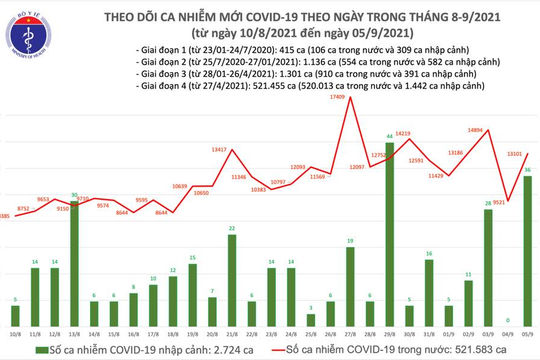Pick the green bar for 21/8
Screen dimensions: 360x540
coord(232,271)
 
